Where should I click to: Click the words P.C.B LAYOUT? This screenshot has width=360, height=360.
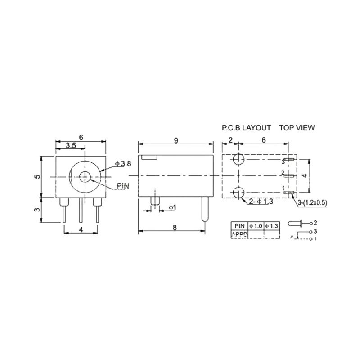tap(246, 128)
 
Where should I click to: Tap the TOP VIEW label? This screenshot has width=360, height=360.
tap(297, 128)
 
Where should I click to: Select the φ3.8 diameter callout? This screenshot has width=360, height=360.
tap(123, 164)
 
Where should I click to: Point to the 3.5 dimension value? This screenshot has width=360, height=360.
tap(71, 145)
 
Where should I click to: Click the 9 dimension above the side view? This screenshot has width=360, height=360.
tap(176, 140)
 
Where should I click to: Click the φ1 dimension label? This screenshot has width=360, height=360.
tap(172, 207)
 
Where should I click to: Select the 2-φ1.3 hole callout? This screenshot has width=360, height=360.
tap(261, 202)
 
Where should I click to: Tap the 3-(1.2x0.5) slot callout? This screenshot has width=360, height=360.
tap(312, 203)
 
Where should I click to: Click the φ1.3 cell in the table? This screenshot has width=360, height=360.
tap(272, 225)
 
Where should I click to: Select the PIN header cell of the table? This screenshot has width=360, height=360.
tap(238, 225)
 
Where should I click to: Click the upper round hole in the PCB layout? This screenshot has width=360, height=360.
tap(238, 160)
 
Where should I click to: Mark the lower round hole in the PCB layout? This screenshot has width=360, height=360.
tap(238, 193)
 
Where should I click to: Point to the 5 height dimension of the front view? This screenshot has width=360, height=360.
tap(38, 176)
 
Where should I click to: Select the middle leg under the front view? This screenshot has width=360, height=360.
tap(81, 210)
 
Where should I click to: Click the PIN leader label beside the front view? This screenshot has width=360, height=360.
tap(122, 186)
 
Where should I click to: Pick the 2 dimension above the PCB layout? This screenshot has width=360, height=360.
tap(230, 140)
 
